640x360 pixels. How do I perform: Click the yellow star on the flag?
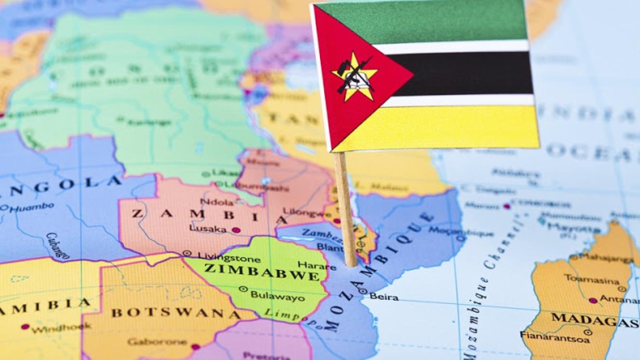click(355, 77)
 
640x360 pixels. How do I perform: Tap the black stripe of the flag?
click(463, 74)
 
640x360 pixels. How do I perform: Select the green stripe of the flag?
click(434, 22)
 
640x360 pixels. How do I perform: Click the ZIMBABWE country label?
click(262, 271)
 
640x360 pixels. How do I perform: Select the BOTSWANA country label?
click(169, 312)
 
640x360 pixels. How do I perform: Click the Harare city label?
click(317, 265)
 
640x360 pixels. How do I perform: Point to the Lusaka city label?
click(208, 229)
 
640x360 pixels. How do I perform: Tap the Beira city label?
click(384, 297)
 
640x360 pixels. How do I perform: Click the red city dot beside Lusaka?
click(236, 230)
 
